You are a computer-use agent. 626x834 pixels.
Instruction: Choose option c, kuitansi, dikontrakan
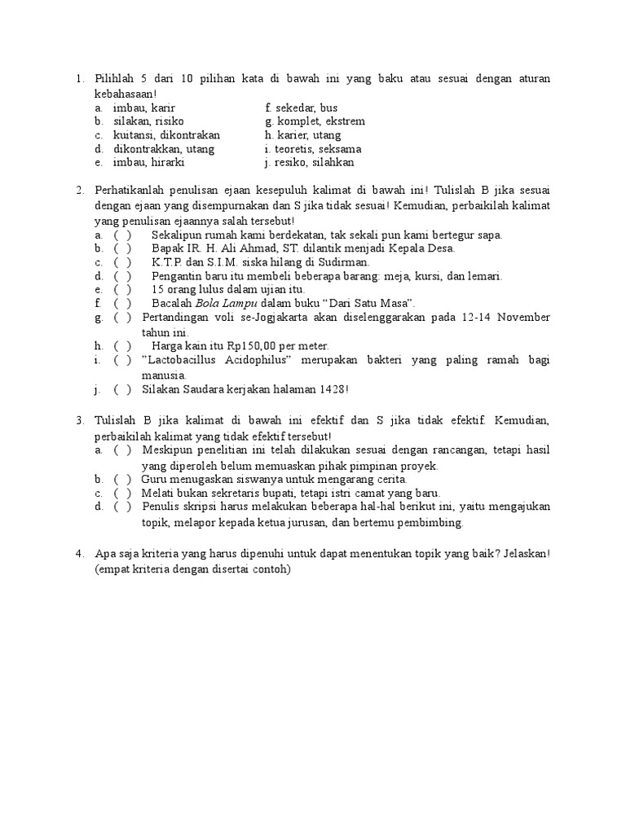166,135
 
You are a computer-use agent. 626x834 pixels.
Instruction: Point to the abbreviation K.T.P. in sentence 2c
167,262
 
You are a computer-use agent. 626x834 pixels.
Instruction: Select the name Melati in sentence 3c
157,494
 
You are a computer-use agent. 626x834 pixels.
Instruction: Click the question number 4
78,555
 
